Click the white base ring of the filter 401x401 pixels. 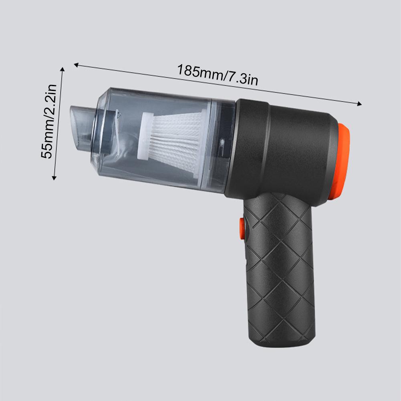(x=145, y=135)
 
